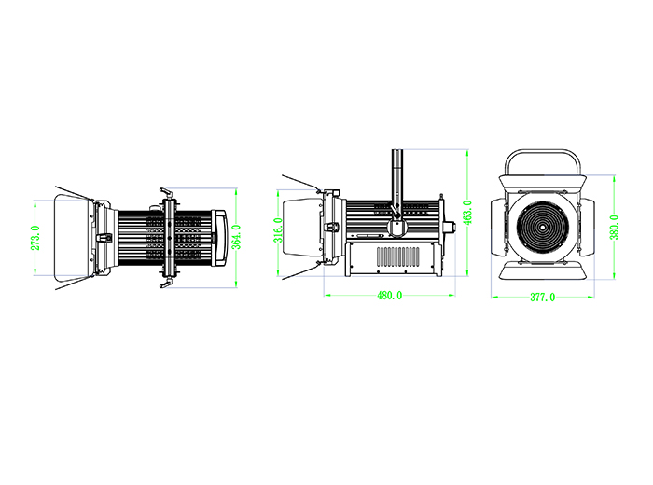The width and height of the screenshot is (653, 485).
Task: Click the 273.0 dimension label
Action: pos(35,238)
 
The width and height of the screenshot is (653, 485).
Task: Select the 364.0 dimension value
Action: pos(236,237)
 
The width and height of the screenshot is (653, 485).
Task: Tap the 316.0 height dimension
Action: pos(278,229)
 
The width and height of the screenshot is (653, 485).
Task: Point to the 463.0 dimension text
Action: pos(467,213)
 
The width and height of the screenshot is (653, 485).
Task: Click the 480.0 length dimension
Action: pos(389,295)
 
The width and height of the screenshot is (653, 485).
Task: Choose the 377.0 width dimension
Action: pos(542,298)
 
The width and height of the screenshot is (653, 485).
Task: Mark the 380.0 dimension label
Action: pos(614,228)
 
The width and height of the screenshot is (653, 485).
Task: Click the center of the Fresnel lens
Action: pos(543,228)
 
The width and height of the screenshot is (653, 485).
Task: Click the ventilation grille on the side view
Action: pos(398,256)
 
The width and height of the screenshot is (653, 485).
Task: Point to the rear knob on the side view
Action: pos(449,228)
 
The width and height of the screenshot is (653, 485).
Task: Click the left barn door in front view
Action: pos(498,228)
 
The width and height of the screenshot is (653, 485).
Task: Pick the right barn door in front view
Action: pos(587,228)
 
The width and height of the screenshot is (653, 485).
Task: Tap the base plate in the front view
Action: pos(543,270)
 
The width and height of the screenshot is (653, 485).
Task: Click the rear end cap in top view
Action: pos(220,238)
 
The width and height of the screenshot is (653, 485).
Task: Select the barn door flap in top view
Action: pos(74,237)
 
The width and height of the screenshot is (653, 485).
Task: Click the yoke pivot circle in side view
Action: pos(396,228)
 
